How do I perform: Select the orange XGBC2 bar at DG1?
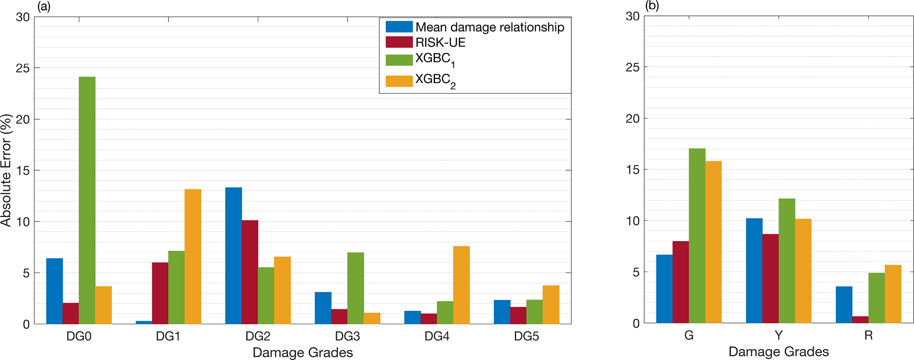pyautogui.click(x=193, y=257)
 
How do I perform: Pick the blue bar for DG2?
pyautogui.click(x=233, y=256)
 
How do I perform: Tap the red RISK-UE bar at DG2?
pyautogui.click(x=250, y=272)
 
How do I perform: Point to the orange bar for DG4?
pyautogui.click(x=461, y=285)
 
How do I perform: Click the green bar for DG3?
pyautogui.click(x=356, y=288)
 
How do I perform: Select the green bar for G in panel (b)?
pyautogui.click(x=697, y=236)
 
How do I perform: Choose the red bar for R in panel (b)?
pyautogui.click(x=860, y=320)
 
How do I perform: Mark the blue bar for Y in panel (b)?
pyautogui.click(x=754, y=271)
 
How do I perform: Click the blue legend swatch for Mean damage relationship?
pyautogui.click(x=399, y=27)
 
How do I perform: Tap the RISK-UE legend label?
pyautogui.click(x=440, y=42)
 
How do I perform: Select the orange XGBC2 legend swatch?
pyautogui.click(x=399, y=81)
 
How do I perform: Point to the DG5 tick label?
pyautogui.click(x=526, y=337)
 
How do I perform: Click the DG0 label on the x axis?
pyautogui.click(x=79, y=337)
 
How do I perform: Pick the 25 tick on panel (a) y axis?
pyautogui.click(x=23, y=68)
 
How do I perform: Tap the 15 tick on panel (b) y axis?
pyautogui.click(x=632, y=170)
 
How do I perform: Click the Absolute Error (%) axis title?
pyautogui.click(x=6, y=170)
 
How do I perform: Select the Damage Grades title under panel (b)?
pyautogui.click(x=778, y=352)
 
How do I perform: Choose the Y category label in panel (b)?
pyautogui.click(x=778, y=336)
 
